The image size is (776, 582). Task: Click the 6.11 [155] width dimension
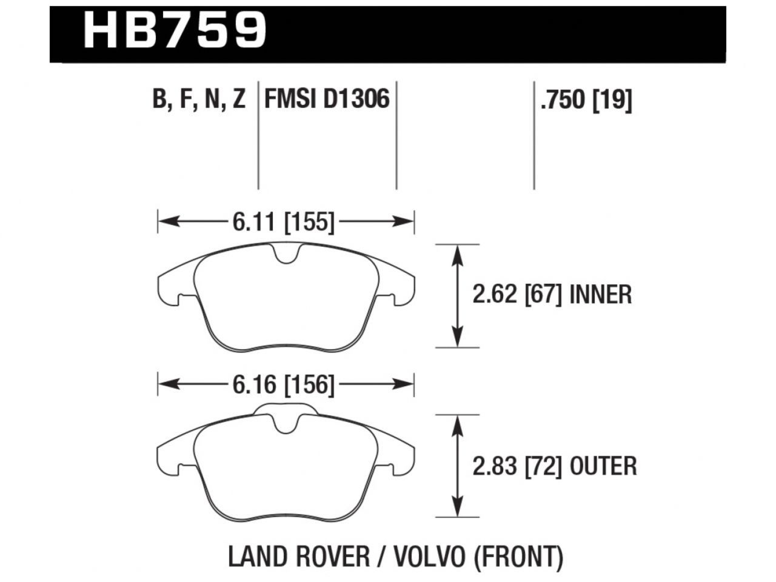pyautogui.click(x=283, y=222)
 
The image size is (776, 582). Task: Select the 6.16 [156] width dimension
pyautogui.click(x=283, y=385)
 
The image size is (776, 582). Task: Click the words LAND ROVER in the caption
pyautogui.click(x=298, y=557)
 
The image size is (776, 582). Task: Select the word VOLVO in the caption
pyautogui.click(x=427, y=557)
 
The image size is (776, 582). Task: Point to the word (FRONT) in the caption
pyautogui.click(x=518, y=557)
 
